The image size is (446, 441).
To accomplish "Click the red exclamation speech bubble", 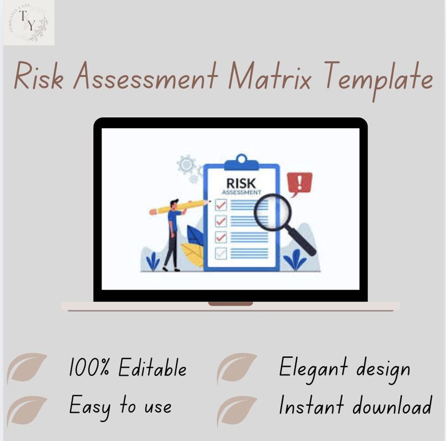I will pos(299,183).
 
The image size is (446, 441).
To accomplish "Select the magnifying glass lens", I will pos(273,213).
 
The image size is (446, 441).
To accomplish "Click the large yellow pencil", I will pos(180,207).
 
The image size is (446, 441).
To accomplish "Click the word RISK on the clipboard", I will pos(241,183).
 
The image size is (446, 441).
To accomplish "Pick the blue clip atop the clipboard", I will pos(241,163).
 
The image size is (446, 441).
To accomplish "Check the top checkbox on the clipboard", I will pos(221,205).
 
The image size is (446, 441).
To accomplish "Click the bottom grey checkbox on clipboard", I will pos(221,253).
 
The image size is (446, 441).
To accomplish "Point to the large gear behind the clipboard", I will pos(187,165).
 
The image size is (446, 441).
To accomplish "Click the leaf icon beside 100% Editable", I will pos(27,368).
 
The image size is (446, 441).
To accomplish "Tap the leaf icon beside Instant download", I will pos(237,410).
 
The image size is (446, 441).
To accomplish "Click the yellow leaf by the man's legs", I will pos(193,253).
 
